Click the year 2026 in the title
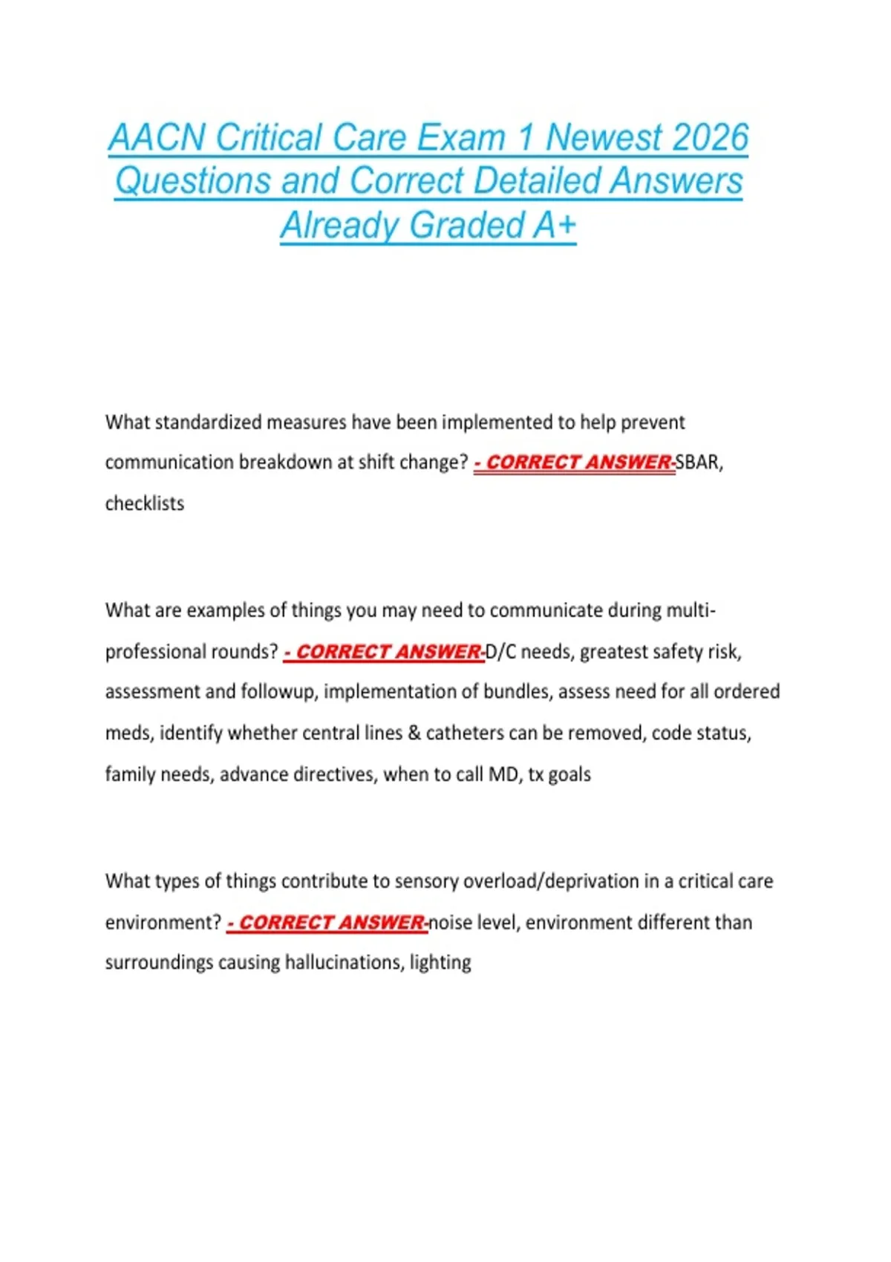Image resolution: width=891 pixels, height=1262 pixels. click(x=710, y=138)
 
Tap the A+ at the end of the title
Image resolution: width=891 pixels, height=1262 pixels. click(x=555, y=226)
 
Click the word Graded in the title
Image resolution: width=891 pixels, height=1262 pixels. click(x=467, y=226)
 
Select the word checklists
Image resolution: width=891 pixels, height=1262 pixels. click(x=145, y=503)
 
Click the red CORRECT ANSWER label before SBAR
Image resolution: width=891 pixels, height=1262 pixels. click(x=575, y=462)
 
